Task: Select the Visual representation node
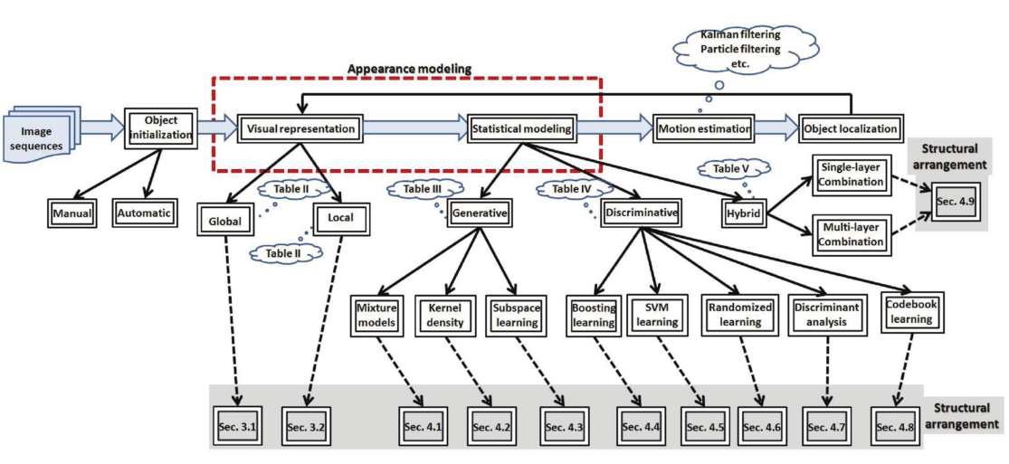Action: [301, 129]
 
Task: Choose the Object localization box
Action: [851, 129]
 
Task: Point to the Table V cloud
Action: [731, 169]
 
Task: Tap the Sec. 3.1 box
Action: [238, 425]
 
